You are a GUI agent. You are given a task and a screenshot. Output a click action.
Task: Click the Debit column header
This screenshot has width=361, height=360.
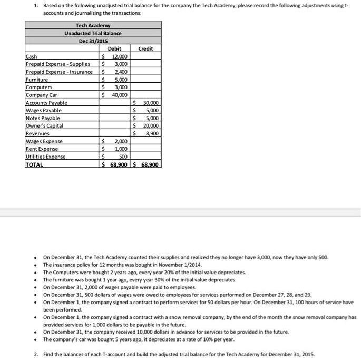point(114,48)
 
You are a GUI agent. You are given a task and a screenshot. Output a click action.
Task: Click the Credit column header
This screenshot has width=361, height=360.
point(145,48)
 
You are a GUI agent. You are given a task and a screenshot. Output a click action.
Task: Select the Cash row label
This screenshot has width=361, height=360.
point(31,56)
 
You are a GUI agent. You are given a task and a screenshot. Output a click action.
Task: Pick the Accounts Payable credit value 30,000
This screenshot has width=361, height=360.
point(150,103)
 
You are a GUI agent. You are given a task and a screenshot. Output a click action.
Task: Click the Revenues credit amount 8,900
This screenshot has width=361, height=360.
point(151,134)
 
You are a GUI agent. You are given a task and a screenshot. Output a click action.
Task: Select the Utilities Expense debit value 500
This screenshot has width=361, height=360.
point(122,157)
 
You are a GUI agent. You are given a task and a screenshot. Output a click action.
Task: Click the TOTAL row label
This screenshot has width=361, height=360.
point(35,164)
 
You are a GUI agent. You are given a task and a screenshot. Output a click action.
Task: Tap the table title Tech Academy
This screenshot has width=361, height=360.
point(93,25)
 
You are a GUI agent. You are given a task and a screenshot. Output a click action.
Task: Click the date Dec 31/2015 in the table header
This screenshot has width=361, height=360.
point(93,41)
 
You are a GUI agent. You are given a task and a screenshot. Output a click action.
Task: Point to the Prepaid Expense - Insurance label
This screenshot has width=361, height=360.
point(59,72)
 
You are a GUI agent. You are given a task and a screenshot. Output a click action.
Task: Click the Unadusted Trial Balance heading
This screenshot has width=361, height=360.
point(93,33)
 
